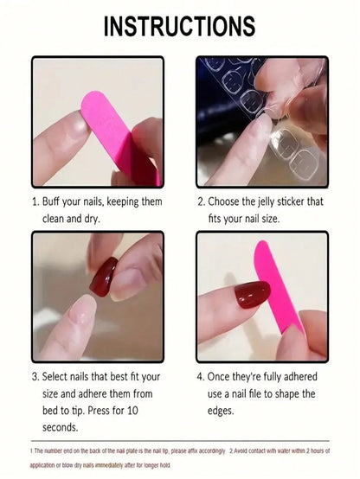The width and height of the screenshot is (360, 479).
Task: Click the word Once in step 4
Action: click(x=233, y=376)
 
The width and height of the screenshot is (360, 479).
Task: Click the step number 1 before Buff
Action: click(x=35, y=201)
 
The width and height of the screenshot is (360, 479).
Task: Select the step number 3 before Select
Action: click(x=35, y=376)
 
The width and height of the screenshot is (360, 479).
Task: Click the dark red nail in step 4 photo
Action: click(x=252, y=295)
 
